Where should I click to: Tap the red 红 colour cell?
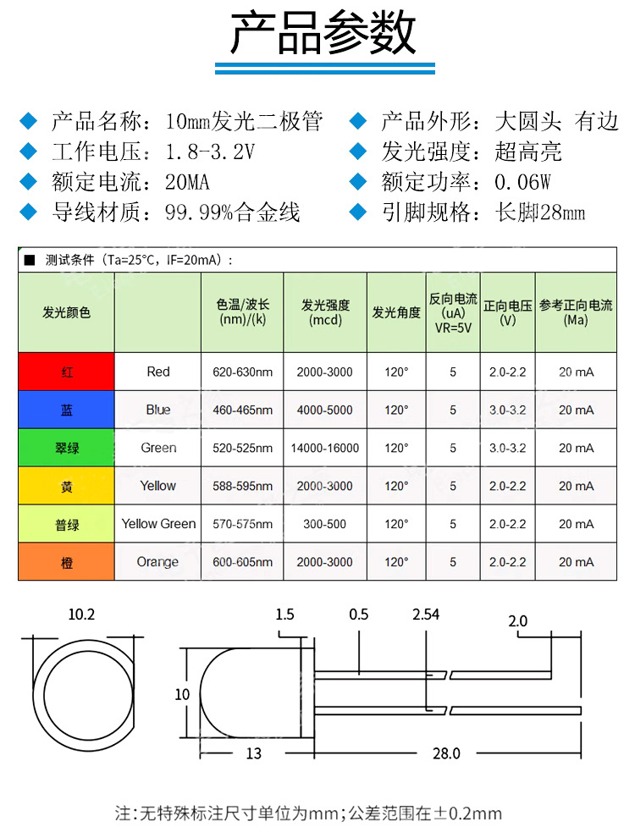click(x=66, y=372)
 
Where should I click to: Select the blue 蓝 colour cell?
click(x=66, y=410)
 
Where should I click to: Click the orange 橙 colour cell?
click(x=66, y=562)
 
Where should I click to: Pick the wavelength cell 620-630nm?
click(x=242, y=372)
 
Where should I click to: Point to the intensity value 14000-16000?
click(x=324, y=448)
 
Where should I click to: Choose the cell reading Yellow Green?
click(x=158, y=524)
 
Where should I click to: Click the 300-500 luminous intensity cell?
click(x=324, y=524)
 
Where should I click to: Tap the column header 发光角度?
click(x=396, y=312)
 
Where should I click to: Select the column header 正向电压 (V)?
click(x=507, y=312)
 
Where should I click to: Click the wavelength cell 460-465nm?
click(x=242, y=410)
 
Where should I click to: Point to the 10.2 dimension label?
click(x=82, y=615)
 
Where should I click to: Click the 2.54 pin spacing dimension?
click(x=424, y=615)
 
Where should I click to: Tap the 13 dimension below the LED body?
click(x=254, y=753)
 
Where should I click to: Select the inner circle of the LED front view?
click(x=82, y=693)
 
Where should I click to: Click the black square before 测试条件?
click(x=30, y=260)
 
